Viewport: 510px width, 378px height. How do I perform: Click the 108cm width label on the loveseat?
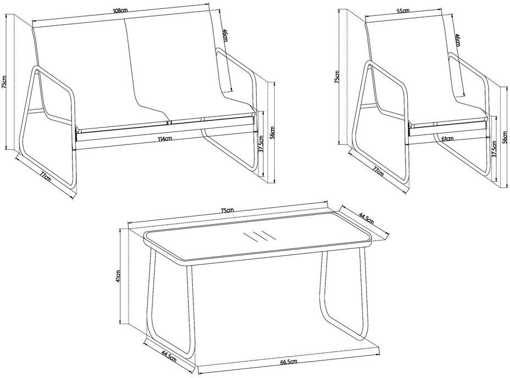click(x=120, y=10)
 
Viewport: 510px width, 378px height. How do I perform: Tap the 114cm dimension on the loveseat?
click(x=164, y=139)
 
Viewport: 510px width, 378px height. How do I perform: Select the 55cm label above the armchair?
click(x=403, y=11)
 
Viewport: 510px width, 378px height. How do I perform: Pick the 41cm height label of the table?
click(x=118, y=276)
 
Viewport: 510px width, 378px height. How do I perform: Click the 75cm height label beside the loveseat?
click(x=4, y=82)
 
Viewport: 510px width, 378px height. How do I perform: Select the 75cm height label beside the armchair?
click(x=337, y=77)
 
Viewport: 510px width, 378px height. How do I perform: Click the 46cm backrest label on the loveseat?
click(x=225, y=35)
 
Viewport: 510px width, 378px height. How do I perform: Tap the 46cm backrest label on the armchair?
click(x=457, y=40)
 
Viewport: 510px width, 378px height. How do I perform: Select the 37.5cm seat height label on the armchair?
click(x=494, y=149)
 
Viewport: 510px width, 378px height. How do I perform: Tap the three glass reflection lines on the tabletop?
click(x=259, y=236)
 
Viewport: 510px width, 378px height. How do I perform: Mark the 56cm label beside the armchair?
click(x=505, y=137)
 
